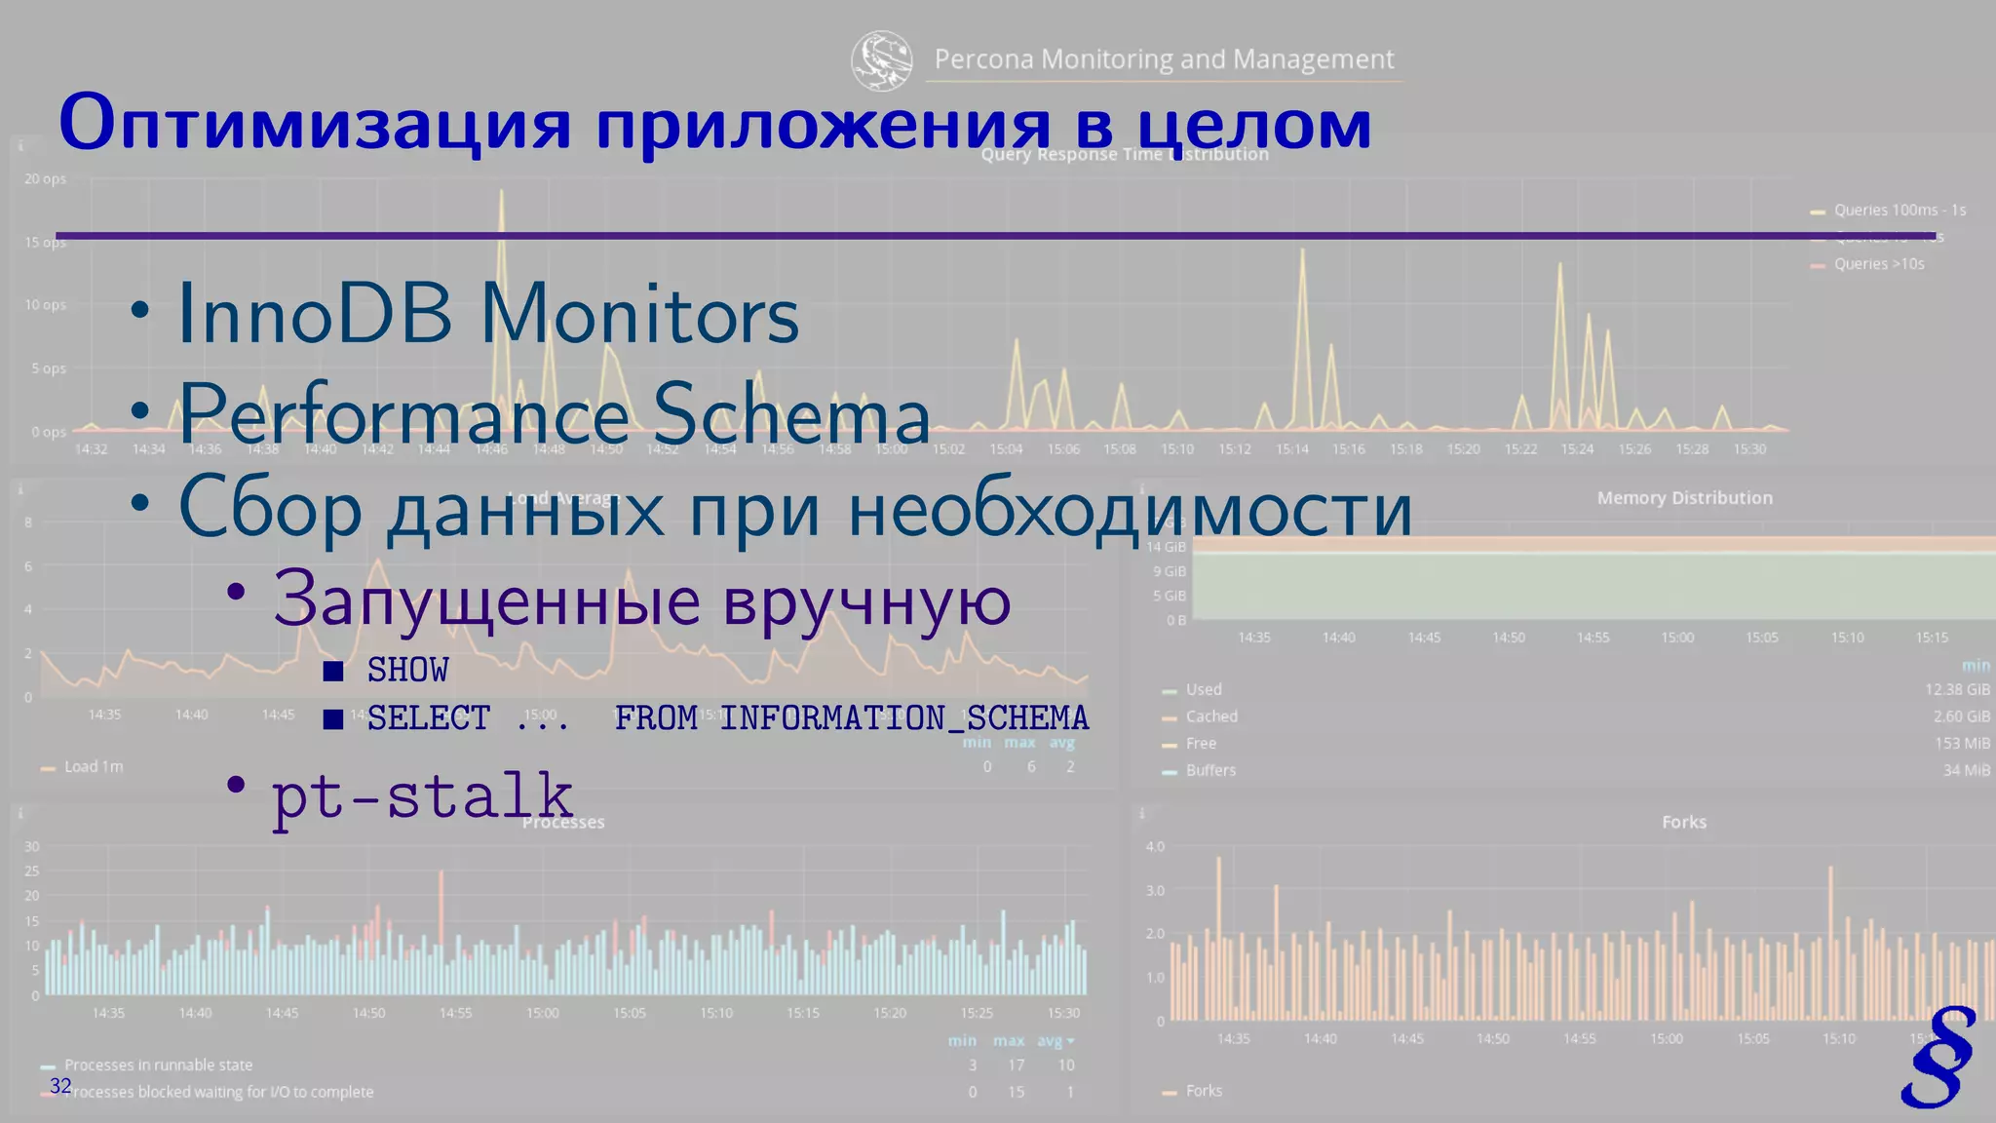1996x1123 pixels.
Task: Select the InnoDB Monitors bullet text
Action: click(487, 315)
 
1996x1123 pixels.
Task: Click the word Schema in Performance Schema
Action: click(790, 414)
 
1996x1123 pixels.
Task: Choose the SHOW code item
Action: click(407, 671)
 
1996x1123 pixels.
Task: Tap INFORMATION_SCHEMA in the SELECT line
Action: click(903, 718)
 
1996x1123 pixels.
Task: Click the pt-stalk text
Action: click(422, 796)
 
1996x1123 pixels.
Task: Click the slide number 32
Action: click(60, 1086)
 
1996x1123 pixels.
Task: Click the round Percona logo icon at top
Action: click(881, 59)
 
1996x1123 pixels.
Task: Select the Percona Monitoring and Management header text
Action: click(1164, 59)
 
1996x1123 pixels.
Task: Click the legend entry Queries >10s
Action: click(1878, 264)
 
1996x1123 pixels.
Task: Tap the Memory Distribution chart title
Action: click(1684, 498)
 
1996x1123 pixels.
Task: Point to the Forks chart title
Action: click(1683, 822)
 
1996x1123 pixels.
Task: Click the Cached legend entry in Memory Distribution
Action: click(1210, 716)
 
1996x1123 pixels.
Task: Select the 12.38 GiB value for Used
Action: click(1957, 689)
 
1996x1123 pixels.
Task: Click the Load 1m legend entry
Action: click(94, 767)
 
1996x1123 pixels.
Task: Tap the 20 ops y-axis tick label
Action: click(45, 179)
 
